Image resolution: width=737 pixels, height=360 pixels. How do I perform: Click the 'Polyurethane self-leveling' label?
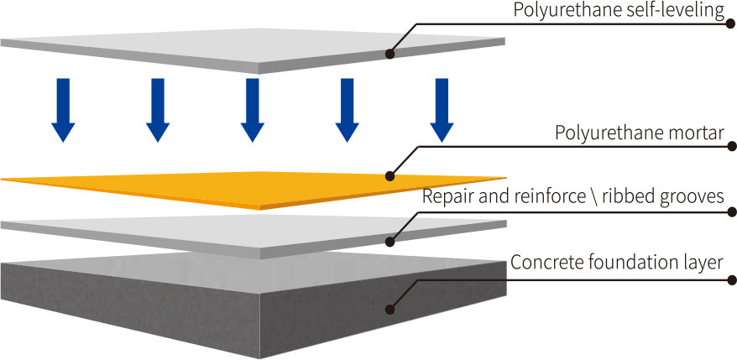[617, 11]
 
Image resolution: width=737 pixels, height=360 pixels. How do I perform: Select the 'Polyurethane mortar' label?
[640, 133]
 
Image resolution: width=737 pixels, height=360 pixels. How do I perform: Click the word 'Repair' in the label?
[443, 197]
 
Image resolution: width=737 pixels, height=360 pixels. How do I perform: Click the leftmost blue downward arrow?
[63, 110]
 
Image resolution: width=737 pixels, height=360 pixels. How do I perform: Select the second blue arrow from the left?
[158, 110]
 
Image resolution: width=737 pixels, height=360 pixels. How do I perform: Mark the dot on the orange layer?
[390, 176]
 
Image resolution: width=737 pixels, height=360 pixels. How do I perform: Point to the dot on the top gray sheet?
[390, 55]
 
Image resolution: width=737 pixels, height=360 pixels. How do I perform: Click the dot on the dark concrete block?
[390, 308]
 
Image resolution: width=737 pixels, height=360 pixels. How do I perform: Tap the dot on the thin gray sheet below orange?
[390, 242]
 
